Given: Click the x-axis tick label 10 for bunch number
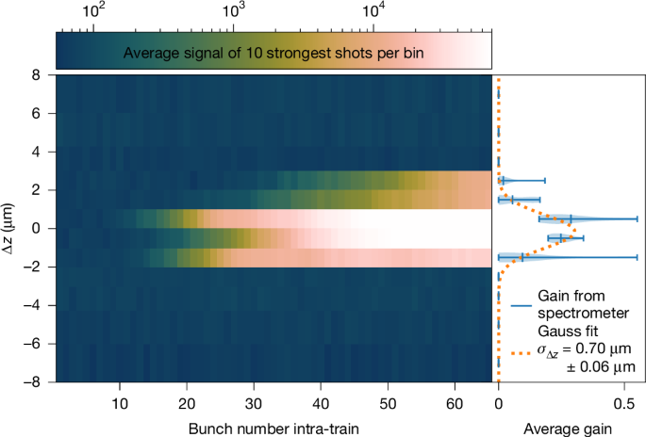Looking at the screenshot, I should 120,398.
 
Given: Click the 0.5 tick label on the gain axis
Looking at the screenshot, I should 622,398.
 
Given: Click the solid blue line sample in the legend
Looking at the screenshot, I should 517,305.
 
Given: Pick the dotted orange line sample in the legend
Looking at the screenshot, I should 517,353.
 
